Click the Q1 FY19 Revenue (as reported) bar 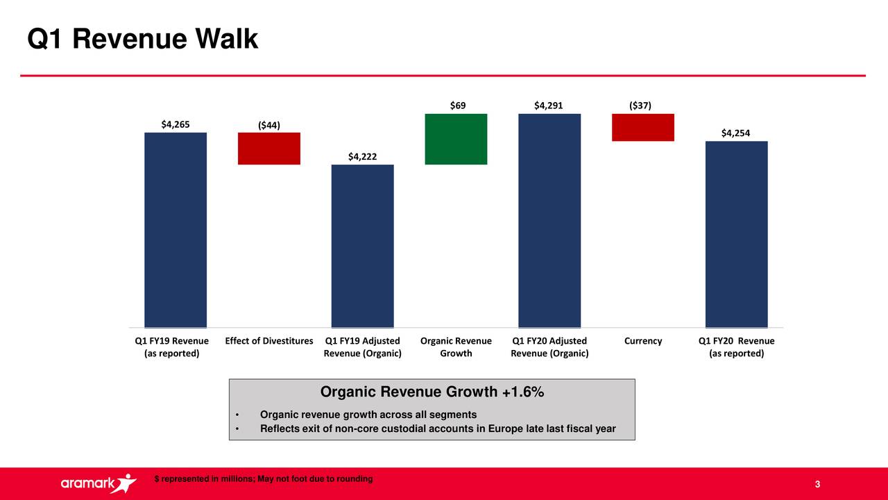pyautogui.click(x=175, y=230)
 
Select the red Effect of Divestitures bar pyautogui.click(x=268, y=149)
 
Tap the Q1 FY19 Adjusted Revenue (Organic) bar pyautogui.click(x=362, y=246)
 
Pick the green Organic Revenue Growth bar pyautogui.click(x=456, y=139)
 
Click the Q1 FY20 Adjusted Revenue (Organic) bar pyautogui.click(x=549, y=220)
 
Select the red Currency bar pyautogui.click(x=642, y=127)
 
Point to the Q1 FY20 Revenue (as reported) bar pyautogui.click(x=736, y=234)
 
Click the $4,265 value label pyautogui.click(x=175, y=124)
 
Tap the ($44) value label pyautogui.click(x=268, y=125)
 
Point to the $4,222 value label pyautogui.click(x=362, y=157)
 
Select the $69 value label pyautogui.click(x=457, y=106)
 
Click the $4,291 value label pyautogui.click(x=548, y=106)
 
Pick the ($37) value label pyautogui.click(x=640, y=106)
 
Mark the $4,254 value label pyautogui.click(x=735, y=133)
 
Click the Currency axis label pyautogui.click(x=642, y=341)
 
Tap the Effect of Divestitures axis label pyautogui.click(x=269, y=341)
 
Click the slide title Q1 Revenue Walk pyautogui.click(x=142, y=40)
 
